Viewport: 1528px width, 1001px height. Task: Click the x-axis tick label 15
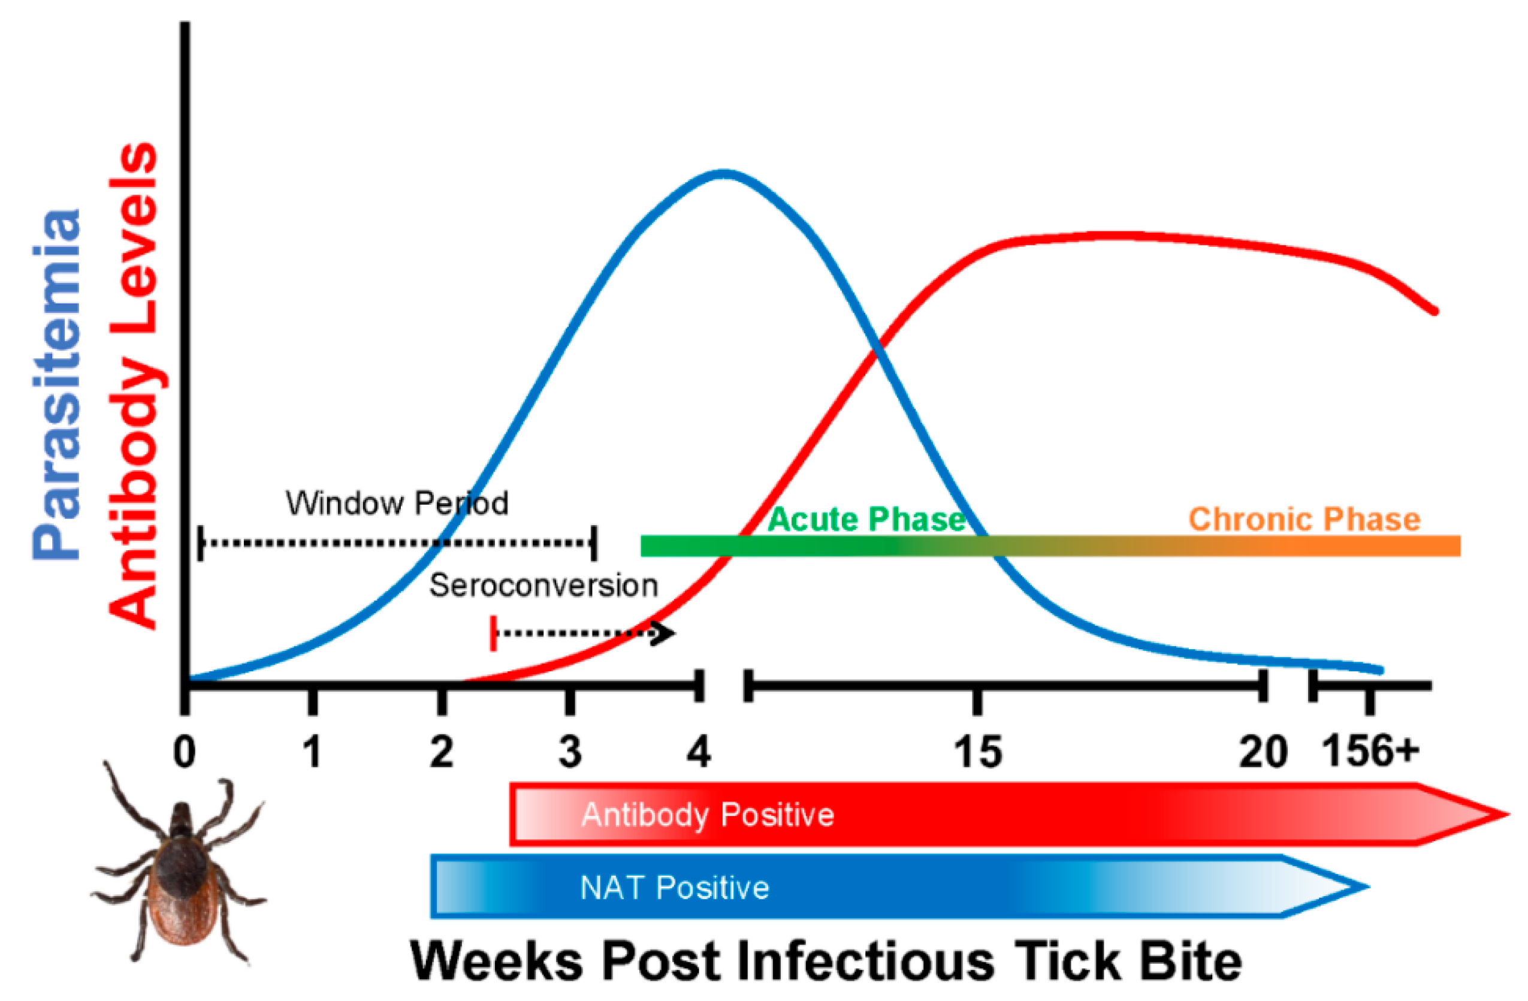pyautogui.click(x=977, y=752)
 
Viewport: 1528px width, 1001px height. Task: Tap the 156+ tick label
pyautogui.click(x=1370, y=750)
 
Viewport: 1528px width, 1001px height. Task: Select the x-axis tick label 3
pyautogui.click(x=569, y=752)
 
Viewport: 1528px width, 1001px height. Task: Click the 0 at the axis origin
pyautogui.click(x=185, y=752)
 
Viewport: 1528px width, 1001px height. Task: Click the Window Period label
pyautogui.click(x=397, y=503)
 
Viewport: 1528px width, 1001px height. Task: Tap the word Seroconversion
pyautogui.click(x=543, y=586)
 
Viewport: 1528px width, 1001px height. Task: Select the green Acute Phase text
pyautogui.click(x=866, y=520)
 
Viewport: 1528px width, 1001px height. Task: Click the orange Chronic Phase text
pyautogui.click(x=1304, y=520)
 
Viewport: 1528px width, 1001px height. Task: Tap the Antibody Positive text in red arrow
pyautogui.click(x=708, y=815)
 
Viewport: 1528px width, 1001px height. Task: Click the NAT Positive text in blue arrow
pyautogui.click(x=674, y=888)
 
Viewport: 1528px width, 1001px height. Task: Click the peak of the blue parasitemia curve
pyautogui.click(x=724, y=173)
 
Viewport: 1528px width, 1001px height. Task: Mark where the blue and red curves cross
pyautogui.click(x=876, y=350)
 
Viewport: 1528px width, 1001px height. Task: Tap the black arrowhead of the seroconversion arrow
pyautogui.click(x=668, y=634)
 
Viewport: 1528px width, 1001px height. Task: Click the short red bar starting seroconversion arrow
pyautogui.click(x=493, y=634)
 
